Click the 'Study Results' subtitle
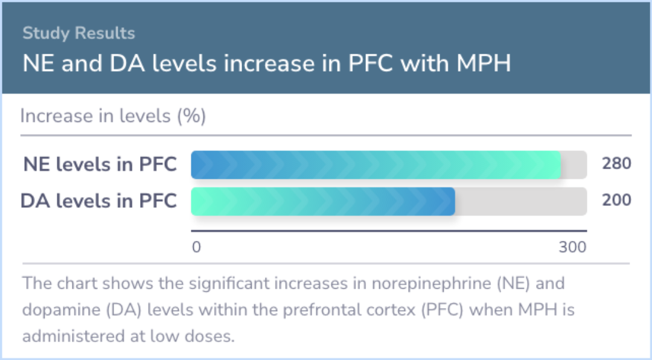click(x=78, y=33)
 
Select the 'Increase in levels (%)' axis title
click(x=113, y=116)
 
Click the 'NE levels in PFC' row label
click(x=100, y=164)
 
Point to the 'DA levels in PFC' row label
click(x=98, y=201)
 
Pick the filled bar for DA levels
click(x=322, y=201)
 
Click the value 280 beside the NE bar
click(x=616, y=164)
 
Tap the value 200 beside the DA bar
click(x=616, y=200)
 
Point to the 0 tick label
click(x=196, y=247)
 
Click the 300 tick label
click(x=572, y=247)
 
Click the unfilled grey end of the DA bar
click(x=520, y=201)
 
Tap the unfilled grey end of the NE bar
click(x=574, y=165)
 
